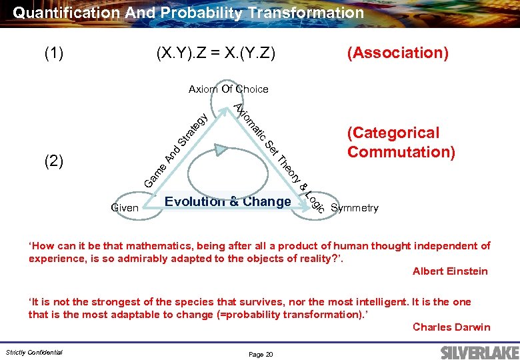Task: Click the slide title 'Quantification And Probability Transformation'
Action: click(188, 13)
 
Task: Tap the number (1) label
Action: click(54, 53)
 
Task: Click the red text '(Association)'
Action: click(397, 53)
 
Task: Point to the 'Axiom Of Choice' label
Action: click(228, 89)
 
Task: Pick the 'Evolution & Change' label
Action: click(228, 201)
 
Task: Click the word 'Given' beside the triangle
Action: click(125, 208)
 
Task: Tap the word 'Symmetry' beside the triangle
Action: click(354, 208)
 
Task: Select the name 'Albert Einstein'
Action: click(450, 271)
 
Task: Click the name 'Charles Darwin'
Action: click(451, 327)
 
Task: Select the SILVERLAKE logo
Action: click(476, 351)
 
